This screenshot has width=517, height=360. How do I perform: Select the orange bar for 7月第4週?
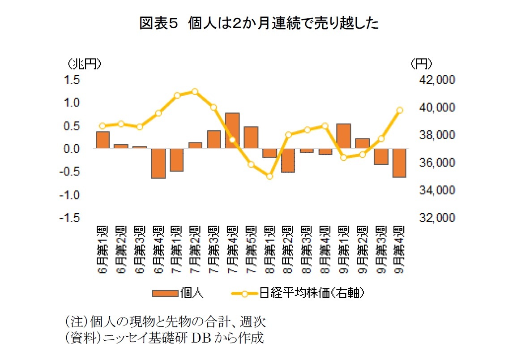pyautogui.click(x=232, y=131)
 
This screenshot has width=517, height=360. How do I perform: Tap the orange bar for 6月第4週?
pyautogui.click(x=158, y=163)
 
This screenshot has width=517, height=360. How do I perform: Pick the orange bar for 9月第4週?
pyautogui.click(x=399, y=163)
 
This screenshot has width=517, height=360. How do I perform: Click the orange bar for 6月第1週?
pyautogui.click(x=103, y=140)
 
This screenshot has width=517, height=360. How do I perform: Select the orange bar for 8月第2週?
pyautogui.click(x=288, y=160)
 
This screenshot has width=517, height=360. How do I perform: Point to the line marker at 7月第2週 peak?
pyautogui.click(x=195, y=91)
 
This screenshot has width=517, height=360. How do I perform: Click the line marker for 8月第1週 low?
pyautogui.click(x=269, y=176)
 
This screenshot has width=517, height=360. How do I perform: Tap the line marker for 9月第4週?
pyautogui.click(x=400, y=110)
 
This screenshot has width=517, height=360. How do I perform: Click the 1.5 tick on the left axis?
pyautogui.click(x=72, y=80)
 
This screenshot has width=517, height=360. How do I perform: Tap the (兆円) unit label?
pyautogui.click(x=84, y=64)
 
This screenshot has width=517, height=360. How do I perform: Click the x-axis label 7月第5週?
pyautogui.click(x=251, y=250)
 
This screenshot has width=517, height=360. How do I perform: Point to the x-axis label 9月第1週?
pyautogui.click(x=343, y=250)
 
